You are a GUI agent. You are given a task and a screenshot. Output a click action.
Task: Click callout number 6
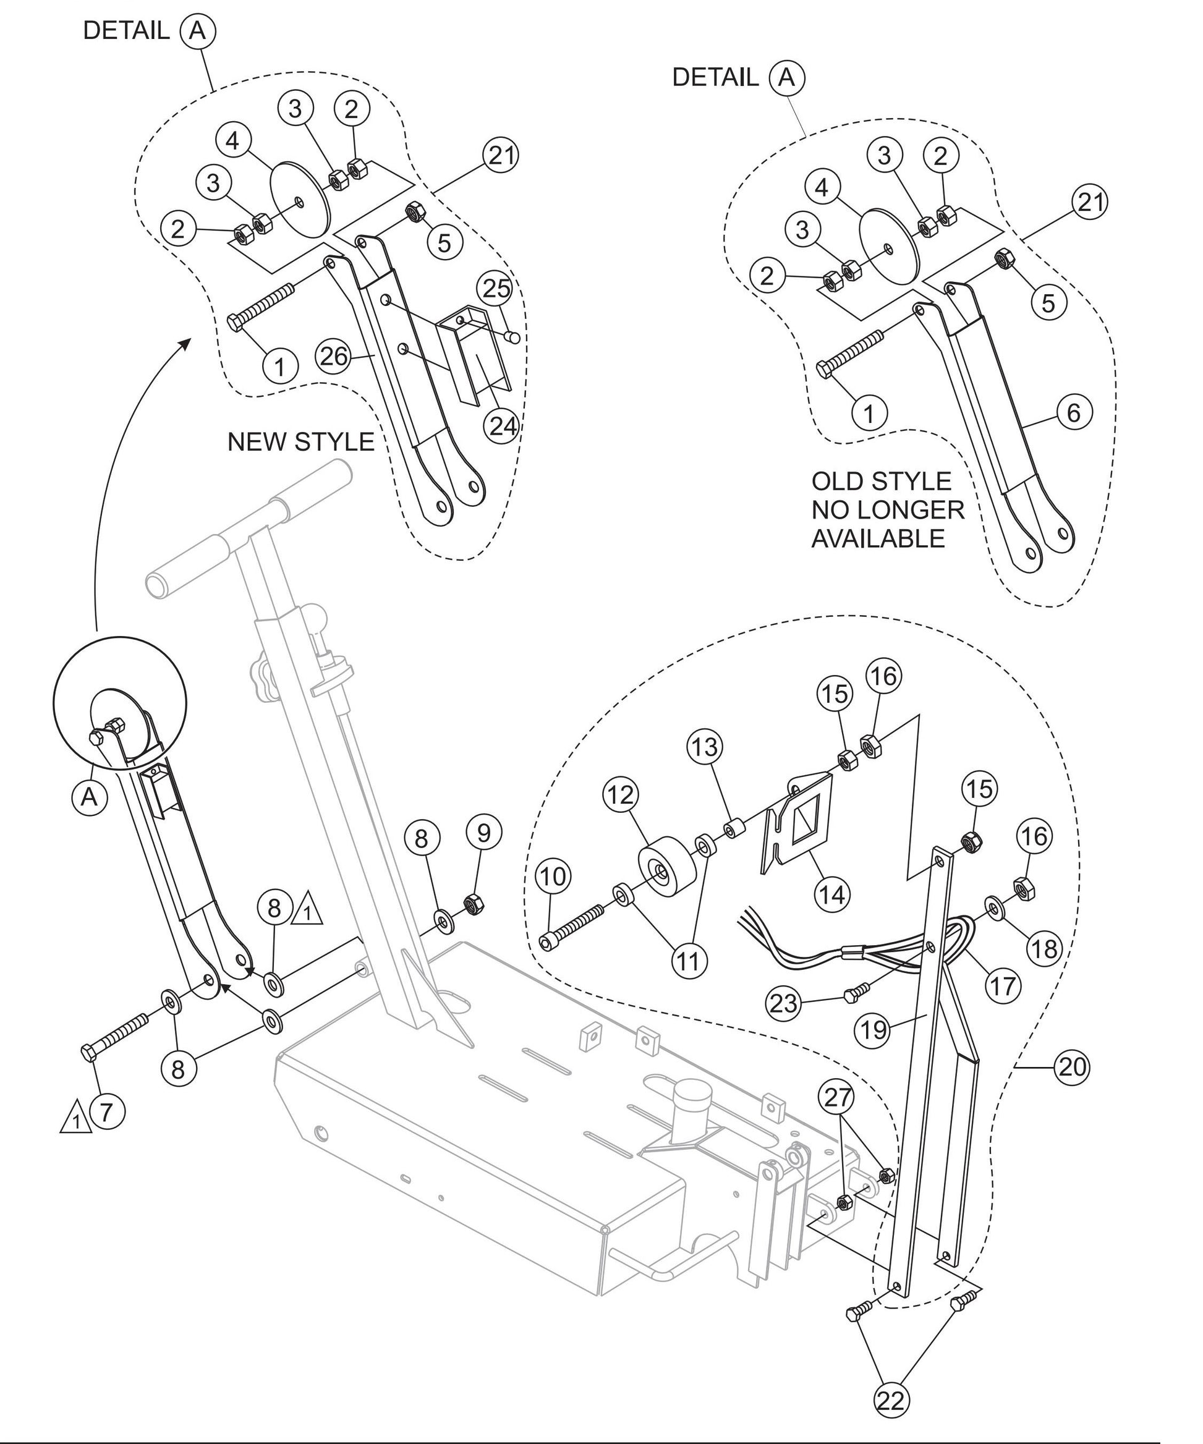coord(1074,412)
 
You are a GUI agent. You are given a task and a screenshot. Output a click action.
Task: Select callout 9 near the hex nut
coord(483,833)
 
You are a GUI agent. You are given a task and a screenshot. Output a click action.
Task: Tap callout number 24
coord(502,427)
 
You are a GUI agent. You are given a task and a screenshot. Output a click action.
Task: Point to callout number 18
coord(1044,948)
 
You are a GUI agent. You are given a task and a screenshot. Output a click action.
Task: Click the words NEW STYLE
coord(300,441)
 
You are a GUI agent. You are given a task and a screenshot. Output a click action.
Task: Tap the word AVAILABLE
coord(878,538)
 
